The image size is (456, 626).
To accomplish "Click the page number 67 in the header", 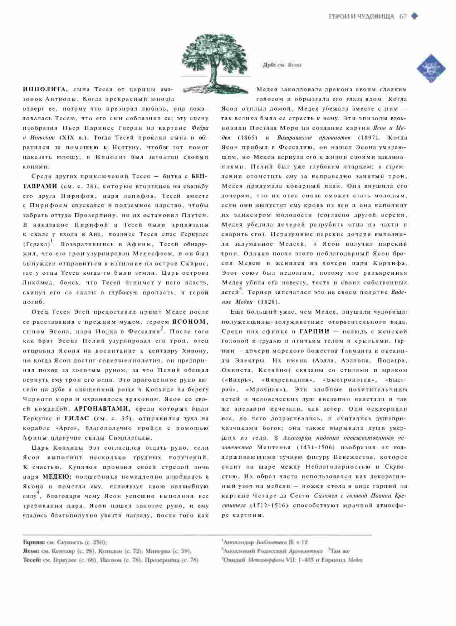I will click(x=403, y=16).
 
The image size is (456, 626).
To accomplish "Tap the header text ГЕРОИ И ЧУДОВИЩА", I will click(x=361, y=16).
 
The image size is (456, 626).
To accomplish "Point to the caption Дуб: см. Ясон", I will click(x=282, y=65).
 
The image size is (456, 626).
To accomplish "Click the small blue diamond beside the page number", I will click(x=415, y=16).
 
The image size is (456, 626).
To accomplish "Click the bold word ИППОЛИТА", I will click(x=45, y=89).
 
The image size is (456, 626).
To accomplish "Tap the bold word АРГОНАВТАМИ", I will click(x=102, y=409).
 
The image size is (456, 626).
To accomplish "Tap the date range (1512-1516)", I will click(x=268, y=505).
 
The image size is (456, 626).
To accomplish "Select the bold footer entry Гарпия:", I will click(x=34, y=542).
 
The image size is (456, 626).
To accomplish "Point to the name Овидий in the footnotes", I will click(x=234, y=560).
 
